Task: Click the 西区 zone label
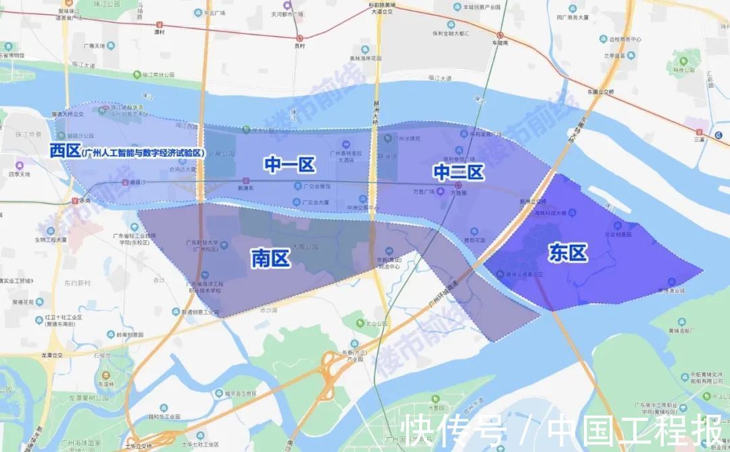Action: tap(65, 151)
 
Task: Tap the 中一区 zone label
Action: tap(290, 164)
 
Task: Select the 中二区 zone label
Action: tap(458, 173)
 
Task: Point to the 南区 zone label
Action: tap(270, 257)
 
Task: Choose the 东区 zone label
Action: tap(567, 253)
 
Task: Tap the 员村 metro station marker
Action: tap(300, 39)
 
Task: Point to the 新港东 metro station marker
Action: tap(245, 181)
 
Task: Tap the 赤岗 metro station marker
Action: tap(74, 201)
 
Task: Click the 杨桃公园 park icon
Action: tap(688, 62)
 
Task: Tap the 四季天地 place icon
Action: tap(20, 164)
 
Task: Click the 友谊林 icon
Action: tap(105, 376)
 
